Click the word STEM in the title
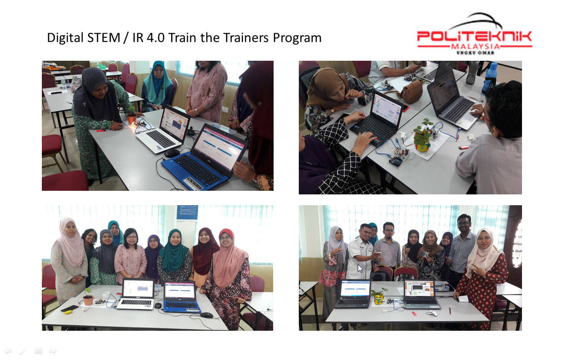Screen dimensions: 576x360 pos(104,38)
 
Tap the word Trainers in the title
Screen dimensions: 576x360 pos(247,38)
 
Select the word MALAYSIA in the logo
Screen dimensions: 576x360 pos(476,46)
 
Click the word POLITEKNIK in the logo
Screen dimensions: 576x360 pos(474,36)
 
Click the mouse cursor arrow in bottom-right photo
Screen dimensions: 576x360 pos(360,269)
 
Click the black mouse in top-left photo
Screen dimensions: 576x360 pos(172,153)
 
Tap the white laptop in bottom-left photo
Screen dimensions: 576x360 pos(136,294)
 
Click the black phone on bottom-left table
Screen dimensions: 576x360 pos(70,308)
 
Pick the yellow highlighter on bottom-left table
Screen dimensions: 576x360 pos(68,312)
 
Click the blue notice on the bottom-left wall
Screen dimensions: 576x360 pos(187,212)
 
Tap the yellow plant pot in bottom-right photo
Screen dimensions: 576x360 pos(378,300)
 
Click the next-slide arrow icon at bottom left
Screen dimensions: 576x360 pos(53,351)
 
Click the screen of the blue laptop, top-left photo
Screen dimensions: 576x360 pos(219,148)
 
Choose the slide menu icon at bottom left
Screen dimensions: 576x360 pos(38,351)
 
